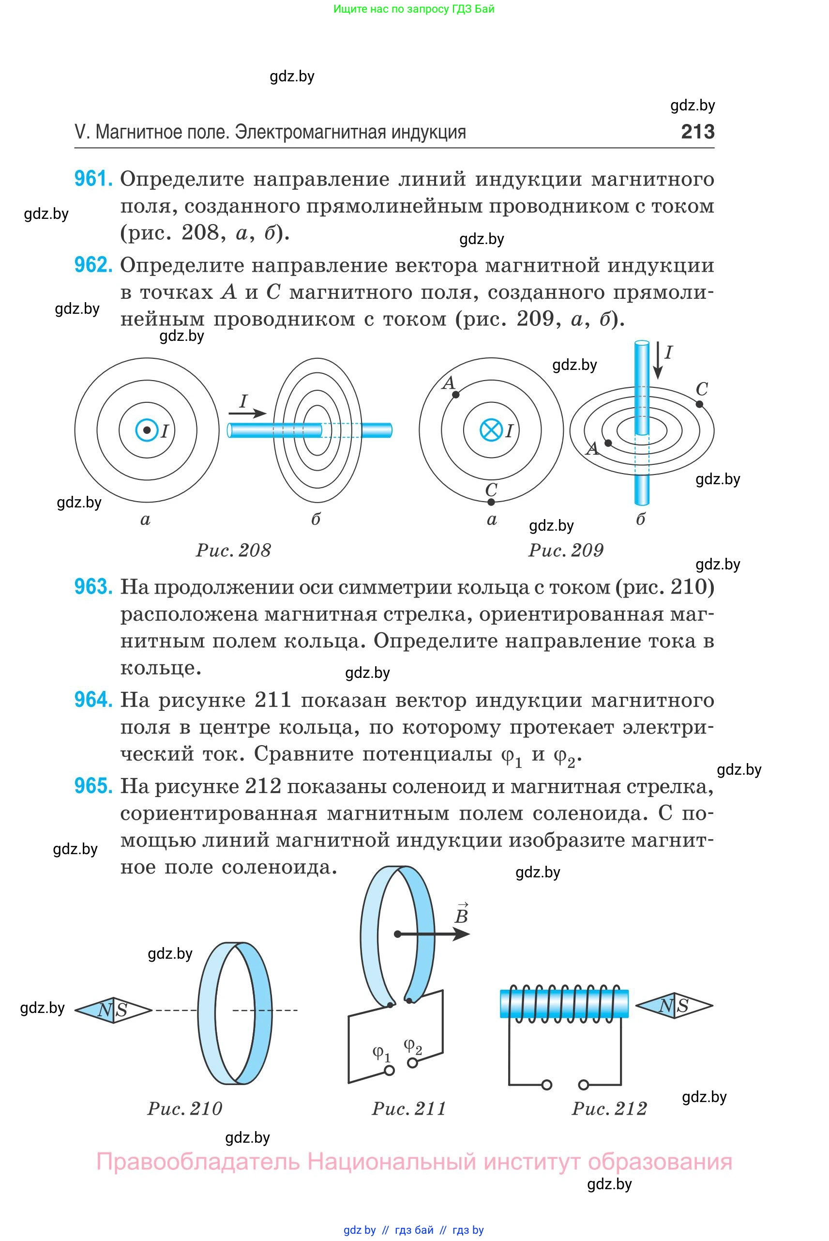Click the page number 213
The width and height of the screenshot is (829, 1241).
point(697,131)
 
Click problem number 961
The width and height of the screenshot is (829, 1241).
point(93,179)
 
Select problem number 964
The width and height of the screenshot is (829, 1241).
point(93,700)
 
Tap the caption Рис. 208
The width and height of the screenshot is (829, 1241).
point(233,550)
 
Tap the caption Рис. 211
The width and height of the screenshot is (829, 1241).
point(408,1108)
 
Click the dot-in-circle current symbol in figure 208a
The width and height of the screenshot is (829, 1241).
point(147,430)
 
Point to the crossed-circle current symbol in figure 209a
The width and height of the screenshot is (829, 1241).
point(491,430)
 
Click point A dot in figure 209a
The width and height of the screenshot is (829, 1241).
point(456,394)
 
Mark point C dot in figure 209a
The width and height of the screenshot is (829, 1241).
point(491,502)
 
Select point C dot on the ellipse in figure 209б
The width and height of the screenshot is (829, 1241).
point(699,404)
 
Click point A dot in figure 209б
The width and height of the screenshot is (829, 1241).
point(608,443)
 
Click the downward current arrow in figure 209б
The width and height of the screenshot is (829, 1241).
point(657,361)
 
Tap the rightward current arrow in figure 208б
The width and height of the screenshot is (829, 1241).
point(247,413)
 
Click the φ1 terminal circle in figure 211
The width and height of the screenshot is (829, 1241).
point(390,1070)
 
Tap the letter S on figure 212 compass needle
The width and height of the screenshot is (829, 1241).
point(682,1006)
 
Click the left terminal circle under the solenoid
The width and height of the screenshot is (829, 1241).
point(547,1085)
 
